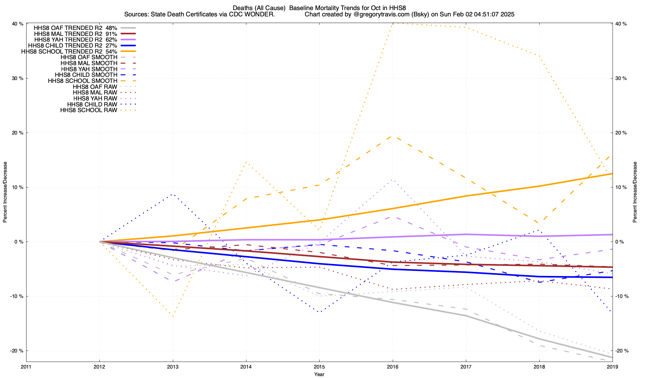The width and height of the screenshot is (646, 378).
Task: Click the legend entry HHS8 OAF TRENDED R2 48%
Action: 75,28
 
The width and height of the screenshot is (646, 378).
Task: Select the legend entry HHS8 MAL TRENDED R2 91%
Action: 75,34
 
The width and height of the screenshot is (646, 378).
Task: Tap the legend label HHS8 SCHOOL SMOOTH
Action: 83,81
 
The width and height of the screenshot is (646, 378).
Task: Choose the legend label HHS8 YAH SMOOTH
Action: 89,69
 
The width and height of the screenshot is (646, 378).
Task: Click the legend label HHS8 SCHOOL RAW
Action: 89,111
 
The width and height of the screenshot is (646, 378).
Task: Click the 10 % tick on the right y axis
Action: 621,187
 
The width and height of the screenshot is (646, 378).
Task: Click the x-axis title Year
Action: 319,375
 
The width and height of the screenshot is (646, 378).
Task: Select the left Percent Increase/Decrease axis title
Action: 5,192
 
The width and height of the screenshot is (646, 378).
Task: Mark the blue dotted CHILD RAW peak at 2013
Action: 173,194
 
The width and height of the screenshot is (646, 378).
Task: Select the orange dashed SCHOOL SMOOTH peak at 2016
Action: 392,136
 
